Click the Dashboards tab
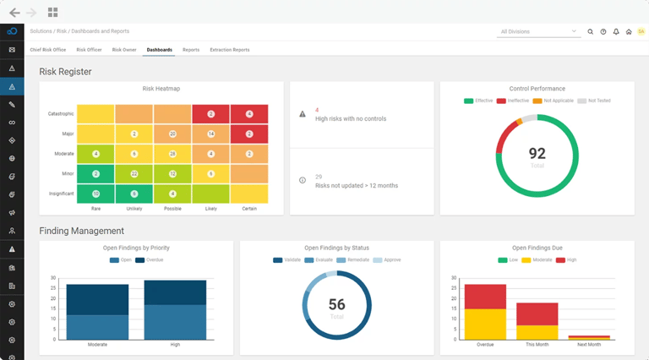(x=159, y=50)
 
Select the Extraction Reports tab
(x=229, y=50)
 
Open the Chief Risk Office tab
(x=47, y=50)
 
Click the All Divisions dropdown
(x=537, y=31)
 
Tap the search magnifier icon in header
(x=591, y=31)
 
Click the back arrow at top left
(x=14, y=13)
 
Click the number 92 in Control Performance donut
(x=537, y=153)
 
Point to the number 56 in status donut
(x=336, y=305)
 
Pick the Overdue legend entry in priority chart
(x=152, y=260)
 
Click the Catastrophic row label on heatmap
(x=61, y=113)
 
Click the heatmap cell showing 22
(x=134, y=173)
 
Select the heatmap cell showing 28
(x=172, y=154)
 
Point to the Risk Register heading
(x=66, y=72)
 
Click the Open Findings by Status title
(x=336, y=248)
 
